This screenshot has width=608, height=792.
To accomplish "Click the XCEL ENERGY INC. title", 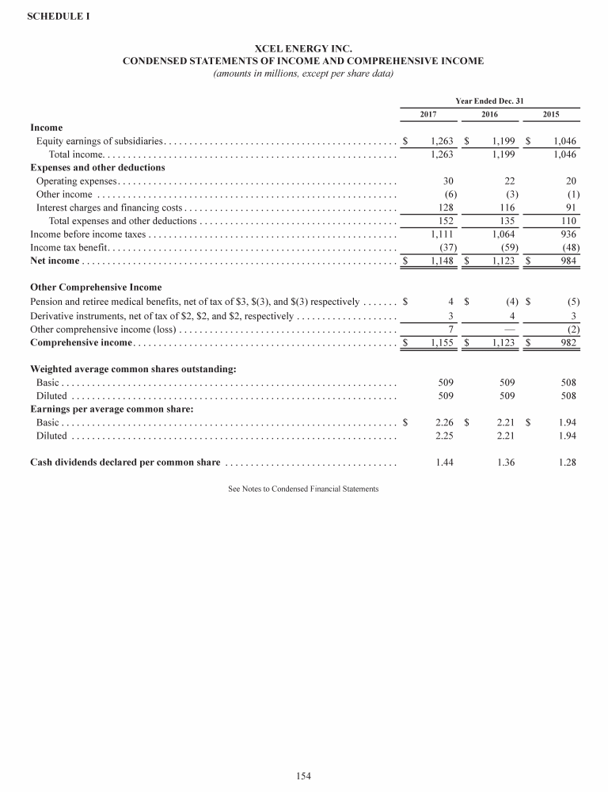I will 303,49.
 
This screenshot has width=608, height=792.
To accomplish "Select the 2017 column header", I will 428,115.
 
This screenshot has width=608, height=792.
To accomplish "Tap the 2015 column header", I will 551,115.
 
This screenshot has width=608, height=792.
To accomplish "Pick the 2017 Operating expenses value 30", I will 448,181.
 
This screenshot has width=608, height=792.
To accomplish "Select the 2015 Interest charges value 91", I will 567,208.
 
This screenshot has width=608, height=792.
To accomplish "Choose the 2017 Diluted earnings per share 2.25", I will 444,436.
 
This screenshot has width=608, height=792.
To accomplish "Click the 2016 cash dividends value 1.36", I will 506,463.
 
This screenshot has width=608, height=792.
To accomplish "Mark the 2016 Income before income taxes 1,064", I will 503,234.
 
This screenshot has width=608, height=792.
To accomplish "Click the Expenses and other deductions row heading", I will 97,168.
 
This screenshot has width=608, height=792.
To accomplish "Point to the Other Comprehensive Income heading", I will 96,287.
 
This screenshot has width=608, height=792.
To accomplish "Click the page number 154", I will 303,776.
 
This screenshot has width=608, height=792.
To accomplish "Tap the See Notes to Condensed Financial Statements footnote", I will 303,489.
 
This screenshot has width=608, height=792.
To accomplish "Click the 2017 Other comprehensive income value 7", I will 450,329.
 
